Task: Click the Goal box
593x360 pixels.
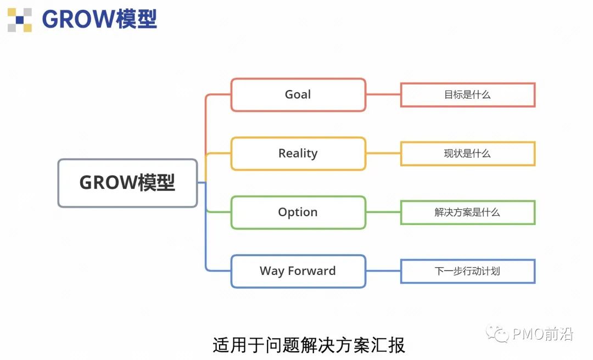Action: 298,95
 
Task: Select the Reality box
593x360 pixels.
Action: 298,154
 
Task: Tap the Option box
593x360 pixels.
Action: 298,212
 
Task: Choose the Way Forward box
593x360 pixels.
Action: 298,271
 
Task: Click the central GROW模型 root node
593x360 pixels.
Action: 127,183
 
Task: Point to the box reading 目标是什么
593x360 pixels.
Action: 467,95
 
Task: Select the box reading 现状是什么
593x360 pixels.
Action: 467,154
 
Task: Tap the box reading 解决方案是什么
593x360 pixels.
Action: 467,212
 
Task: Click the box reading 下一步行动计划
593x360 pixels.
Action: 467,271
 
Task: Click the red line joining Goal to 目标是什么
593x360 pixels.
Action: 383,95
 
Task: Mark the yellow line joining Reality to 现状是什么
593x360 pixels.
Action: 383,154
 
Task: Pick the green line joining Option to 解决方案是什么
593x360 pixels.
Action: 383,212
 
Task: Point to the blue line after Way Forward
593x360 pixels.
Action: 383,271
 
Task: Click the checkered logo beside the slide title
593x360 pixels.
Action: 19,20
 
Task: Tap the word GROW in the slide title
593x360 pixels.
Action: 79,20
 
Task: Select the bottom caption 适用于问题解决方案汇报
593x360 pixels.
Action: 309,345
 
